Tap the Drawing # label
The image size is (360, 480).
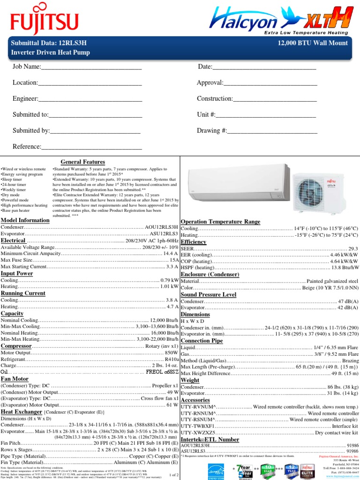click(x=212, y=130)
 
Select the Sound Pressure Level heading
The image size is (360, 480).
click(x=209, y=294)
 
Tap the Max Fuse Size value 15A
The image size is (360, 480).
click(x=174, y=260)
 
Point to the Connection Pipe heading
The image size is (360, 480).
click(x=202, y=341)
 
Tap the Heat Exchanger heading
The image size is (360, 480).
click(x=22, y=411)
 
